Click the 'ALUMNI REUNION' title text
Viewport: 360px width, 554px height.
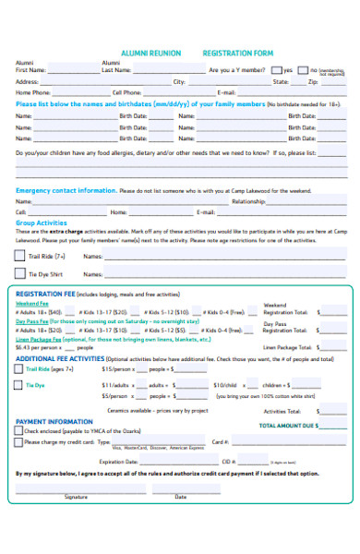click(x=152, y=54)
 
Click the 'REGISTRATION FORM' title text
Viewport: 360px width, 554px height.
click(x=238, y=54)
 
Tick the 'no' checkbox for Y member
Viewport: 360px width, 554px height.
click(x=303, y=70)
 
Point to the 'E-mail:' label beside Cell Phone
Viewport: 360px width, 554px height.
click(x=226, y=92)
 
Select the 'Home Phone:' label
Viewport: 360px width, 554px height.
click(x=33, y=92)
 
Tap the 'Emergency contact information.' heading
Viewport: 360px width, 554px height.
click(x=66, y=189)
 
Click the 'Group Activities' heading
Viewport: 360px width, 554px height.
click(x=42, y=223)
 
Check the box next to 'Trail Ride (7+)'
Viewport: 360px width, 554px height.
click(x=20, y=255)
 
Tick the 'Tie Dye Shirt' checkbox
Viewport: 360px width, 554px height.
click(x=20, y=273)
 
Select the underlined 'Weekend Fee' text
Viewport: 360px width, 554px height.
click(x=32, y=303)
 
